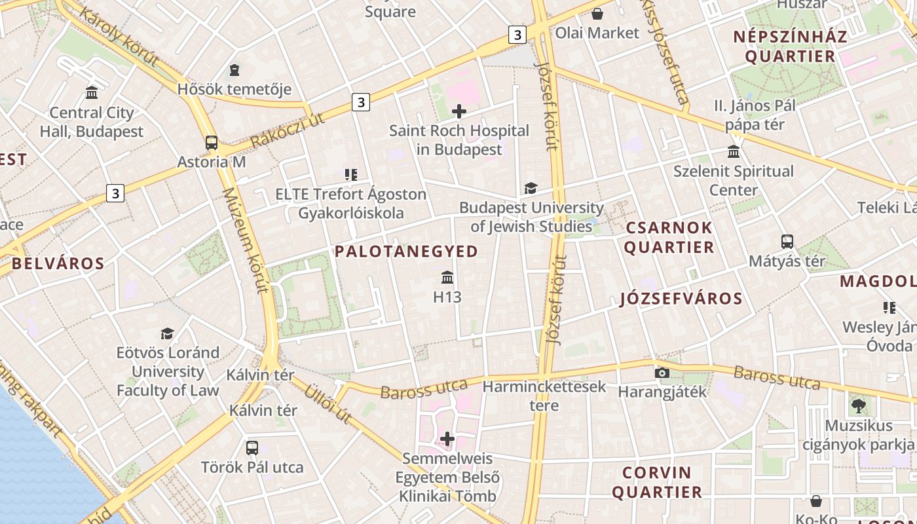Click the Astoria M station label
212,161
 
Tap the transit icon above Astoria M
212,142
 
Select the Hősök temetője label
234,88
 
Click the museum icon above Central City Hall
92,93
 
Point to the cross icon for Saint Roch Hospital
459,111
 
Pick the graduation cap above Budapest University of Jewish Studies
531,189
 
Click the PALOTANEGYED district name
406,252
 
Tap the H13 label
447,297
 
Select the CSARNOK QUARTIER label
669,238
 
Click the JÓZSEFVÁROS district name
681,299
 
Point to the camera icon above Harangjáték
662,373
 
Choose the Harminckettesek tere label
544,396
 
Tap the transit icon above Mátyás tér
787,242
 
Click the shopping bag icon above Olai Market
597,14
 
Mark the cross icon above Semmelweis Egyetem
447,438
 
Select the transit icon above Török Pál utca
252,448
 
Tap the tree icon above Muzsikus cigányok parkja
858,406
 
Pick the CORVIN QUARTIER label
657,482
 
